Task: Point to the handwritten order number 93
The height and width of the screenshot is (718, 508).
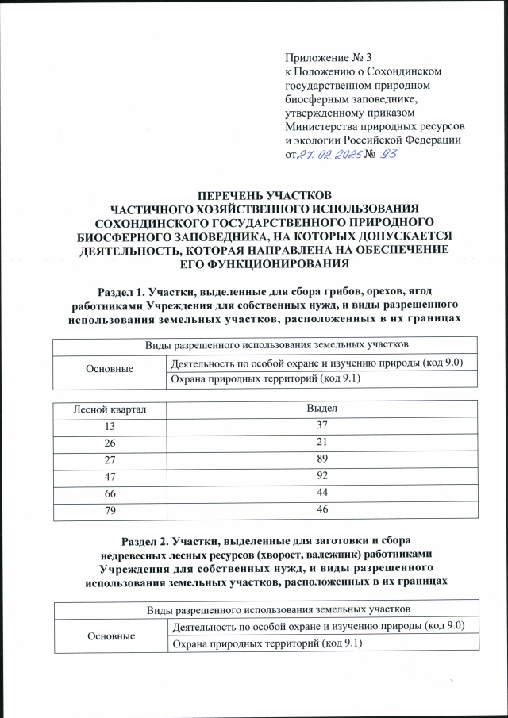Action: [x=391, y=154]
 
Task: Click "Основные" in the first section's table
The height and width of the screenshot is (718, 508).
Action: [x=110, y=371]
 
